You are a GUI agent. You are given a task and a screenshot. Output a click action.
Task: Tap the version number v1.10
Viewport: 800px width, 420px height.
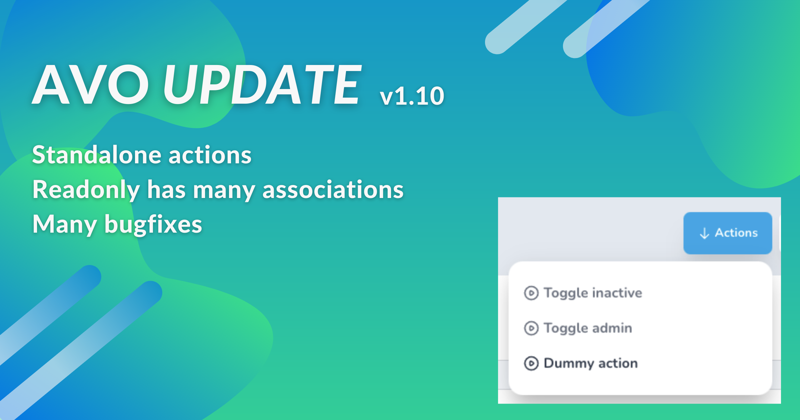[x=412, y=96]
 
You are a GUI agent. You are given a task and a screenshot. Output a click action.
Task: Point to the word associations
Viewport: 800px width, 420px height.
[x=333, y=190]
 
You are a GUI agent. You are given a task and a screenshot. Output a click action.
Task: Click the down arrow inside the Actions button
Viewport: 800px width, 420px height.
[x=704, y=233]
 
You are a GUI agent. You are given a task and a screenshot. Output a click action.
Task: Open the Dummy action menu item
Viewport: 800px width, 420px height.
[x=581, y=363]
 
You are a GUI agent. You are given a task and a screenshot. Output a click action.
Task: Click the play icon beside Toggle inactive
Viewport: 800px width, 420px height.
[x=531, y=293]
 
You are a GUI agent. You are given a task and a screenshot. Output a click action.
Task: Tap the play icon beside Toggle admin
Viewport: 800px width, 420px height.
[x=531, y=328]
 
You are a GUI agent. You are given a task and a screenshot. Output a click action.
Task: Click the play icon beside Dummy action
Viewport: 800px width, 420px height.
[x=531, y=363]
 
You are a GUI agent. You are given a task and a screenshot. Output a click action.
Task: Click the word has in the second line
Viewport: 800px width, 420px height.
[x=166, y=190]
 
